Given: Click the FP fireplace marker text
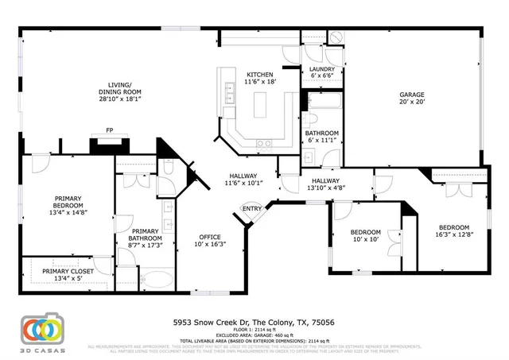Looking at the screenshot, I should tap(108, 132).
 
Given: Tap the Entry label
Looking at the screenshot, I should tap(252, 209).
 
